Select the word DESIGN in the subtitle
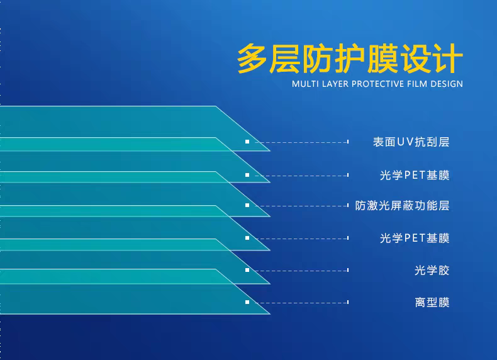point(447,84)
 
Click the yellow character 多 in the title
point(252,59)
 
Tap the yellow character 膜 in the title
point(383,59)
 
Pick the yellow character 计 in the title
point(447,59)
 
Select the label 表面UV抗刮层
point(411,142)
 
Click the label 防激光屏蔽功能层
point(402,206)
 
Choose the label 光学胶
point(432,271)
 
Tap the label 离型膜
point(432,303)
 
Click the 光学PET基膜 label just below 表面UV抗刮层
point(415,175)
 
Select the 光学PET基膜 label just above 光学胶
point(415,238)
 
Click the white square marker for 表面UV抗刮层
point(247,142)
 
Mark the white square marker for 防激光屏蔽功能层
point(247,205)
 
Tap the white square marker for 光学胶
point(247,270)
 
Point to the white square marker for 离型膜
point(247,302)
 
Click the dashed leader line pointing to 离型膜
point(301,303)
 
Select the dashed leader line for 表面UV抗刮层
point(301,142)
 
